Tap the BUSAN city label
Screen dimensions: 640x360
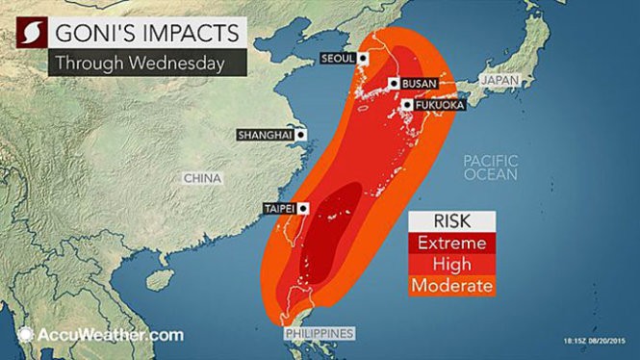(x=421, y=85)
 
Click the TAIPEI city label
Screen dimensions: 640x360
(x=279, y=208)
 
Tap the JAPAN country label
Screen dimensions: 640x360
(x=500, y=81)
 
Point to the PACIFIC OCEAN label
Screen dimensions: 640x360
(x=490, y=167)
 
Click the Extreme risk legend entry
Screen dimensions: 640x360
(x=450, y=242)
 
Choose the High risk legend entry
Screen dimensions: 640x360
(x=450, y=264)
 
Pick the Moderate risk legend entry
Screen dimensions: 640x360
(x=450, y=286)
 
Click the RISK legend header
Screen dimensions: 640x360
(x=450, y=220)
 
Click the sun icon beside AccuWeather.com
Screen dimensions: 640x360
(x=24, y=335)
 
